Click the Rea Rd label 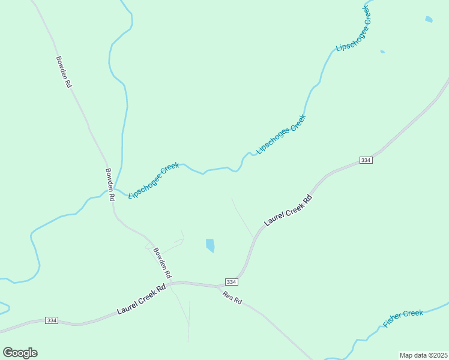pos(232,297)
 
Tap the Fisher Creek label pos(403,318)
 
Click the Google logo pos(20,353)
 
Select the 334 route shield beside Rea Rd pos(232,282)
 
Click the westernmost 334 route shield pos(51,320)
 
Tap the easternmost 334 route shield pos(366,160)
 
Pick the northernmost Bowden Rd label pos(64,73)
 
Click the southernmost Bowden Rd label pos(162,263)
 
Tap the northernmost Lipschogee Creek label pos(353,28)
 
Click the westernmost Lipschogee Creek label pos(154,180)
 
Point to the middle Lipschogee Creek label pos(281,134)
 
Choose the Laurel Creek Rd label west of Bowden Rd pos(141,300)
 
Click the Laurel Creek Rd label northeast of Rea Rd pos(289,210)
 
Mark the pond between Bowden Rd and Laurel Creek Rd pos(210,245)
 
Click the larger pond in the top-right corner pos(429,20)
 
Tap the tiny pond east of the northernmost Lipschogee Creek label pos(382,52)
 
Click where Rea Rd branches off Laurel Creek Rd pos(220,286)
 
